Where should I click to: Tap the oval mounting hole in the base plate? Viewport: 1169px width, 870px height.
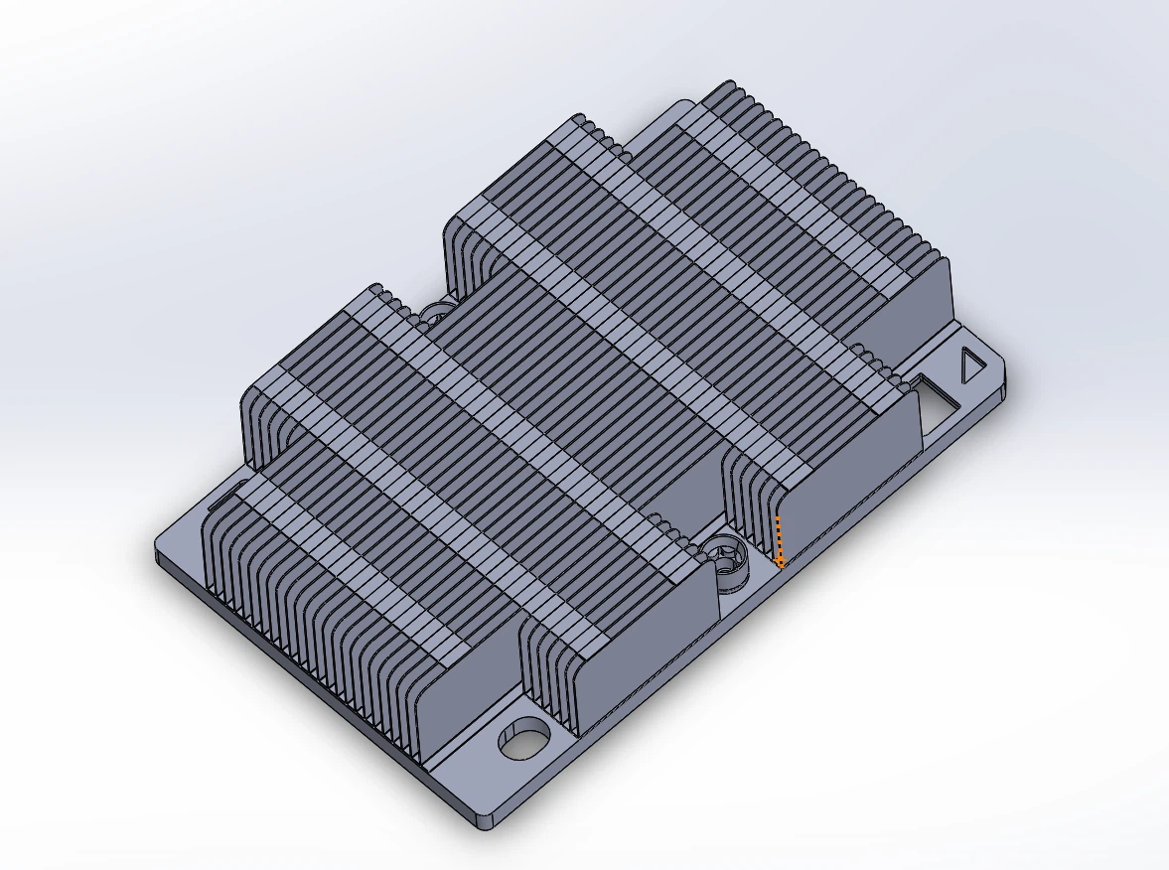523,740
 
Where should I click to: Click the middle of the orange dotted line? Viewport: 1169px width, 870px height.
780,540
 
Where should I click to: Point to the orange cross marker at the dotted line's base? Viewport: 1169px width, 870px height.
781,563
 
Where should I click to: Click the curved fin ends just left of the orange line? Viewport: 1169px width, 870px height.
750,497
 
